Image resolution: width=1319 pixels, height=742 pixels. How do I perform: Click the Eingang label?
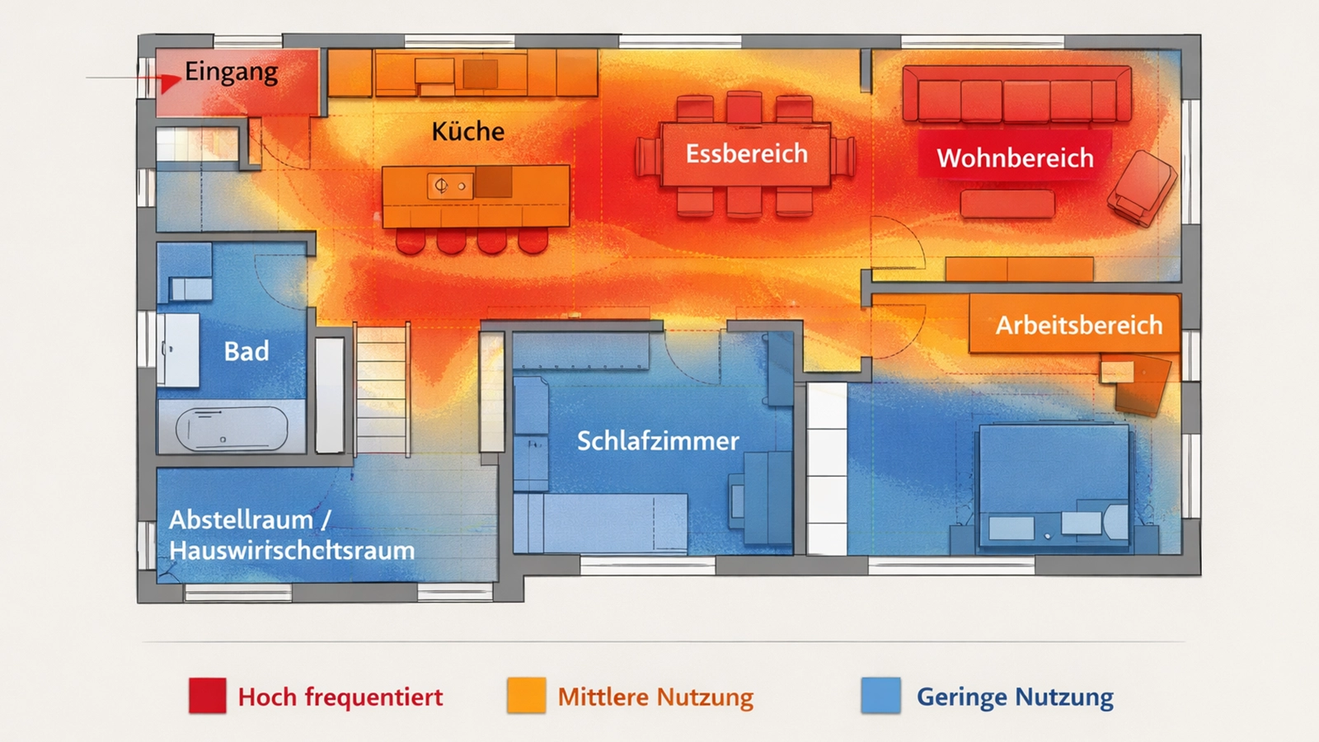tap(231, 73)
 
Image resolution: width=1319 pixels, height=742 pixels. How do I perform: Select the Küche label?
tap(467, 132)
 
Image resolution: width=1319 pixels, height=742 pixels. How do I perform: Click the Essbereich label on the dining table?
tap(746, 154)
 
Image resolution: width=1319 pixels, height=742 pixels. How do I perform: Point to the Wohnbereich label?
tap(1015, 158)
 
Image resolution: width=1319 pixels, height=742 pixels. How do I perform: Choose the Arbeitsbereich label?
tap(1078, 325)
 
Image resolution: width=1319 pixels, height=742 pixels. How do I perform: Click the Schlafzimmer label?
tap(657, 441)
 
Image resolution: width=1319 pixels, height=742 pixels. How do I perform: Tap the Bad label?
tap(246, 351)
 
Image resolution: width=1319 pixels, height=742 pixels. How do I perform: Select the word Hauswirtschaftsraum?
tap(292, 551)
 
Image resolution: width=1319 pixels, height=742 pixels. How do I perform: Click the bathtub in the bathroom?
tap(232, 427)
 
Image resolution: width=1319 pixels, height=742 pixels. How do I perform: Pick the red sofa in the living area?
tap(1016, 96)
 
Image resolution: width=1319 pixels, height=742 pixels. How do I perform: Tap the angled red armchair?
tap(1143, 187)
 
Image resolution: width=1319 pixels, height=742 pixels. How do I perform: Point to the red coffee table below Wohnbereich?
tap(1007, 204)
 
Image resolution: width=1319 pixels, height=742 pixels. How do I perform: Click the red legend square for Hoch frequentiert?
tap(207, 695)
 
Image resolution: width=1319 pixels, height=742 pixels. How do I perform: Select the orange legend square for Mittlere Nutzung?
tap(526, 695)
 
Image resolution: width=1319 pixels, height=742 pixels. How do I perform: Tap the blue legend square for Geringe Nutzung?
tap(880, 695)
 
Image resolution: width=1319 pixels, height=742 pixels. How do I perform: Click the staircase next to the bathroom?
tap(382, 387)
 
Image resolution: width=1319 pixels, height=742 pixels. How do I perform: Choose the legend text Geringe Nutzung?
tap(1015, 697)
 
